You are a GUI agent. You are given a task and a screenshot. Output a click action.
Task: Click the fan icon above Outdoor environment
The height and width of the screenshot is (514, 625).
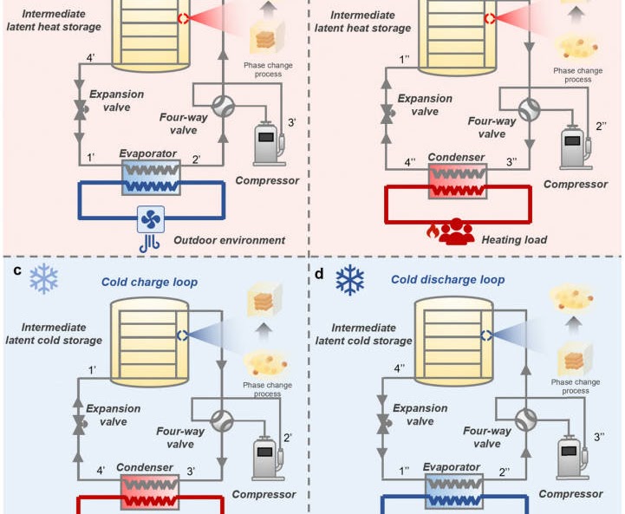(x=151, y=219)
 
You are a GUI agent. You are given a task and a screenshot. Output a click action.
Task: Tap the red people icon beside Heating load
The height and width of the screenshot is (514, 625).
(x=457, y=231)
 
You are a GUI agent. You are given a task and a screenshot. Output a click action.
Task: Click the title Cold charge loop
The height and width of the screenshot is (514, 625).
(x=149, y=282)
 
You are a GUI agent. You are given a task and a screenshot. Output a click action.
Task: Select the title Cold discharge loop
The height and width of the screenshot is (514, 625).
(x=447, y=280)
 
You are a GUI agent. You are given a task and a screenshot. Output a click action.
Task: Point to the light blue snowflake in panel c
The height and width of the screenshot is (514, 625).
(x=44, y=278)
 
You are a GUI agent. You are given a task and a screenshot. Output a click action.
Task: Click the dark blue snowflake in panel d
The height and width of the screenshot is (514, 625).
(x=349, y=280)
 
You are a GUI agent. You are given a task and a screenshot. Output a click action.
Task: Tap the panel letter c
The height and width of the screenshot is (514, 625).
(x=17, y=270)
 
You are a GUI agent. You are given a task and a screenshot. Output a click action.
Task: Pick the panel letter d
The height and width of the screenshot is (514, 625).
(x=319, y=274)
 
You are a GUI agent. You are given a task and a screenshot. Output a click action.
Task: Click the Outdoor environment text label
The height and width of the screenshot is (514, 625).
(x=229, y=240)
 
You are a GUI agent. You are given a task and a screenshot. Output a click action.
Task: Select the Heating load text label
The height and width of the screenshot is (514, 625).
(x=514, y=240)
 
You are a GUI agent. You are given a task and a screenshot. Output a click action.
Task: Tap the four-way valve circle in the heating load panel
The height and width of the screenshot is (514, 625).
(x=530, y=109)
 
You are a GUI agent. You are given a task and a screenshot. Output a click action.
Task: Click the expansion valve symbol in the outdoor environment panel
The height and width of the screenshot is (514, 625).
(x=80, y=109)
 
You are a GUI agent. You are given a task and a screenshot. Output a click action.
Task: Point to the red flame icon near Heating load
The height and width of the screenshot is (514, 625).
(x=433, y=231)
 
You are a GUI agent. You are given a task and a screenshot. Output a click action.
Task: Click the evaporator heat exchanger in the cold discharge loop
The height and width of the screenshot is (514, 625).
(x=454, y=491)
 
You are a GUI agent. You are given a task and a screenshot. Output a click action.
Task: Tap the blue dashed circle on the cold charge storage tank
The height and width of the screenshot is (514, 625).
(x=182, y=335)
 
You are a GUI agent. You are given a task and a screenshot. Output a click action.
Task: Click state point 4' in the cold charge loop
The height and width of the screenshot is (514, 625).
(x=101, y=471)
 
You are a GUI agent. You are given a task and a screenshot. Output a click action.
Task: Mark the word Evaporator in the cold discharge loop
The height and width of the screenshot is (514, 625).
(x=452, y=467)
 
